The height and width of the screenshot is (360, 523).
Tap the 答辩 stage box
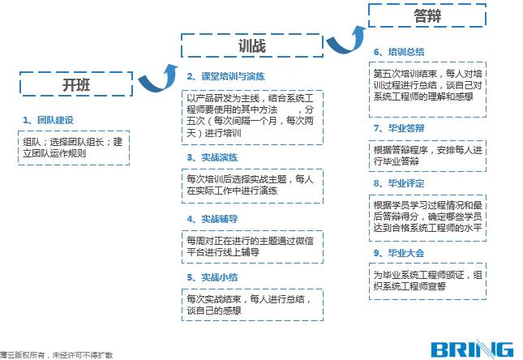(427, 15)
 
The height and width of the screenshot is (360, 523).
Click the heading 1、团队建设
(49, 120)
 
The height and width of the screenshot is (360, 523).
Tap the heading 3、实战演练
(212, 156)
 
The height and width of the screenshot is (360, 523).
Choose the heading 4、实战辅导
(212, 218)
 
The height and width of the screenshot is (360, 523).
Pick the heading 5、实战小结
(212, 278)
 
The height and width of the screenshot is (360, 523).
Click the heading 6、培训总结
(399, 52)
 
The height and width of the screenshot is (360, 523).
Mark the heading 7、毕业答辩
(399, 128)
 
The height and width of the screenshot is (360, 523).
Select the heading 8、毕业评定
(399, 184)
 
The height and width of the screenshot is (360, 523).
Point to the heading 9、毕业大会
(399, 253)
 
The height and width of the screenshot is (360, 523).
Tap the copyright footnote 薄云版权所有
(57, 354)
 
